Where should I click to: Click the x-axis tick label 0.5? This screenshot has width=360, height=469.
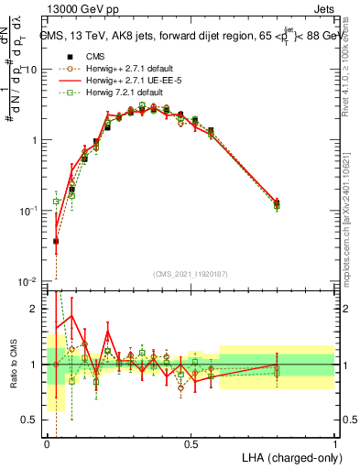pyautogui.click(x=191, y=443)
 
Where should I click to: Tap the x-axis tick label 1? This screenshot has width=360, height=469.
pyautogui.click(x=335, y=443)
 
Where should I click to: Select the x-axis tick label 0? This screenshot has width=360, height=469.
pyautogui.click(x=48, y=443)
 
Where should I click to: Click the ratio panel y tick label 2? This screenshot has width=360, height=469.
pyautogui.click(x=34, y=309)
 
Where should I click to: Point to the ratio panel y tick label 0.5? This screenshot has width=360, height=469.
pyautogui.click(x=29, y=420)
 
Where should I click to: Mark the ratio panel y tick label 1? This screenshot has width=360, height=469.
pyautogui.click(x=34, y=365)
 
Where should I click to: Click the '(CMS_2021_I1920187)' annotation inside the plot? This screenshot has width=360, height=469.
pyautogui.click(x=191, y=272)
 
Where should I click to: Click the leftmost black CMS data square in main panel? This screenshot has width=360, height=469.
pyautogui.click(x=56, y=241)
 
